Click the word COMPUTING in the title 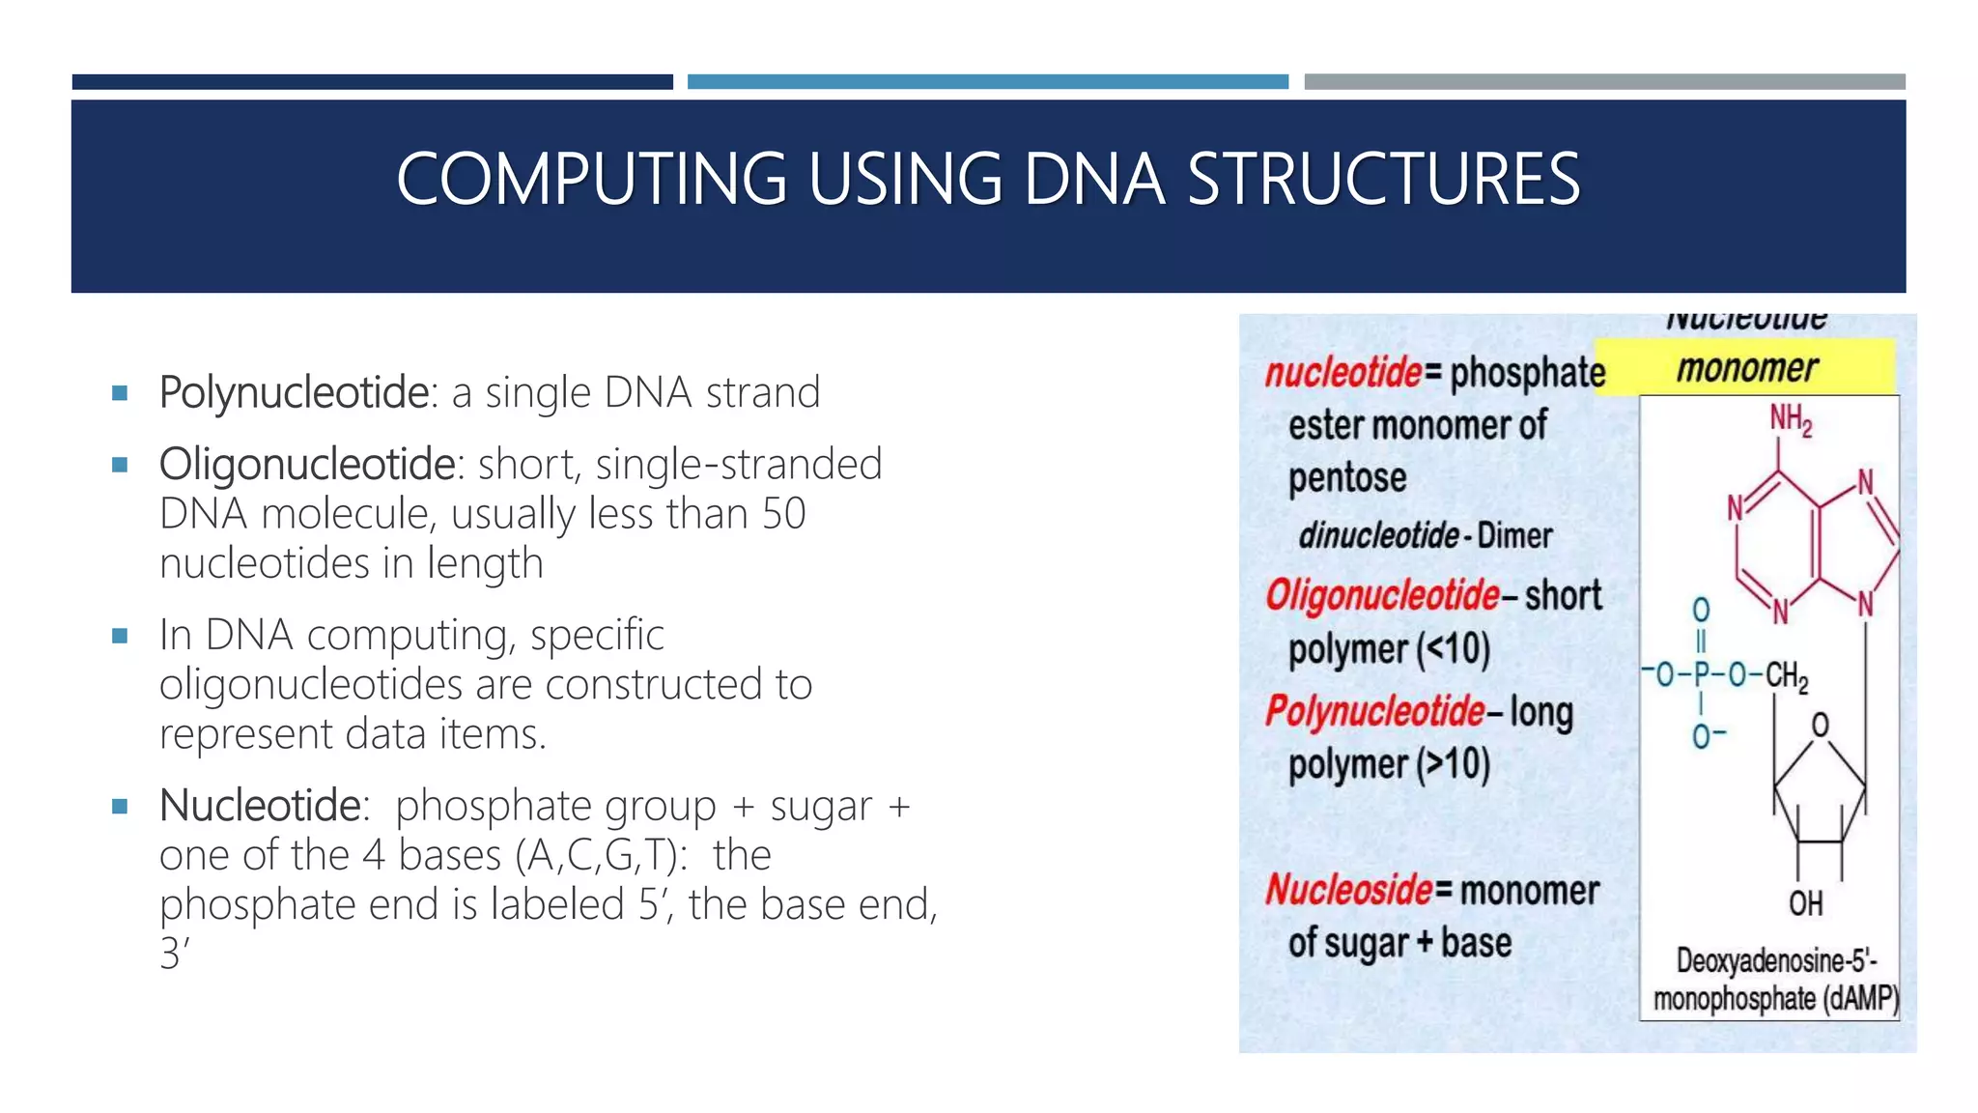point(591,180)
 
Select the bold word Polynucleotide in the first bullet point(294,393)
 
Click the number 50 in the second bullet point(783,514)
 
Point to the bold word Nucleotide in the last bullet point(260,806)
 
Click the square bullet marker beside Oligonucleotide point(120,465)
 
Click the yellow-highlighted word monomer point(1746,368)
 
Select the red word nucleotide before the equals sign point(1343,372)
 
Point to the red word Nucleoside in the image point(1349,890)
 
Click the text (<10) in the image point(1454,649)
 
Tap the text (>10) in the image point(1454,764)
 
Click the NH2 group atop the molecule point(1790,419)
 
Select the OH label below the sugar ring point(1805,903)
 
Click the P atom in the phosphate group point(1701,674)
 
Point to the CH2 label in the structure point(1787,675)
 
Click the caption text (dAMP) point(1860,998)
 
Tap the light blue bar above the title point(987,82)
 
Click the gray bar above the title point(1604,82)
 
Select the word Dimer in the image point(1514,535)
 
